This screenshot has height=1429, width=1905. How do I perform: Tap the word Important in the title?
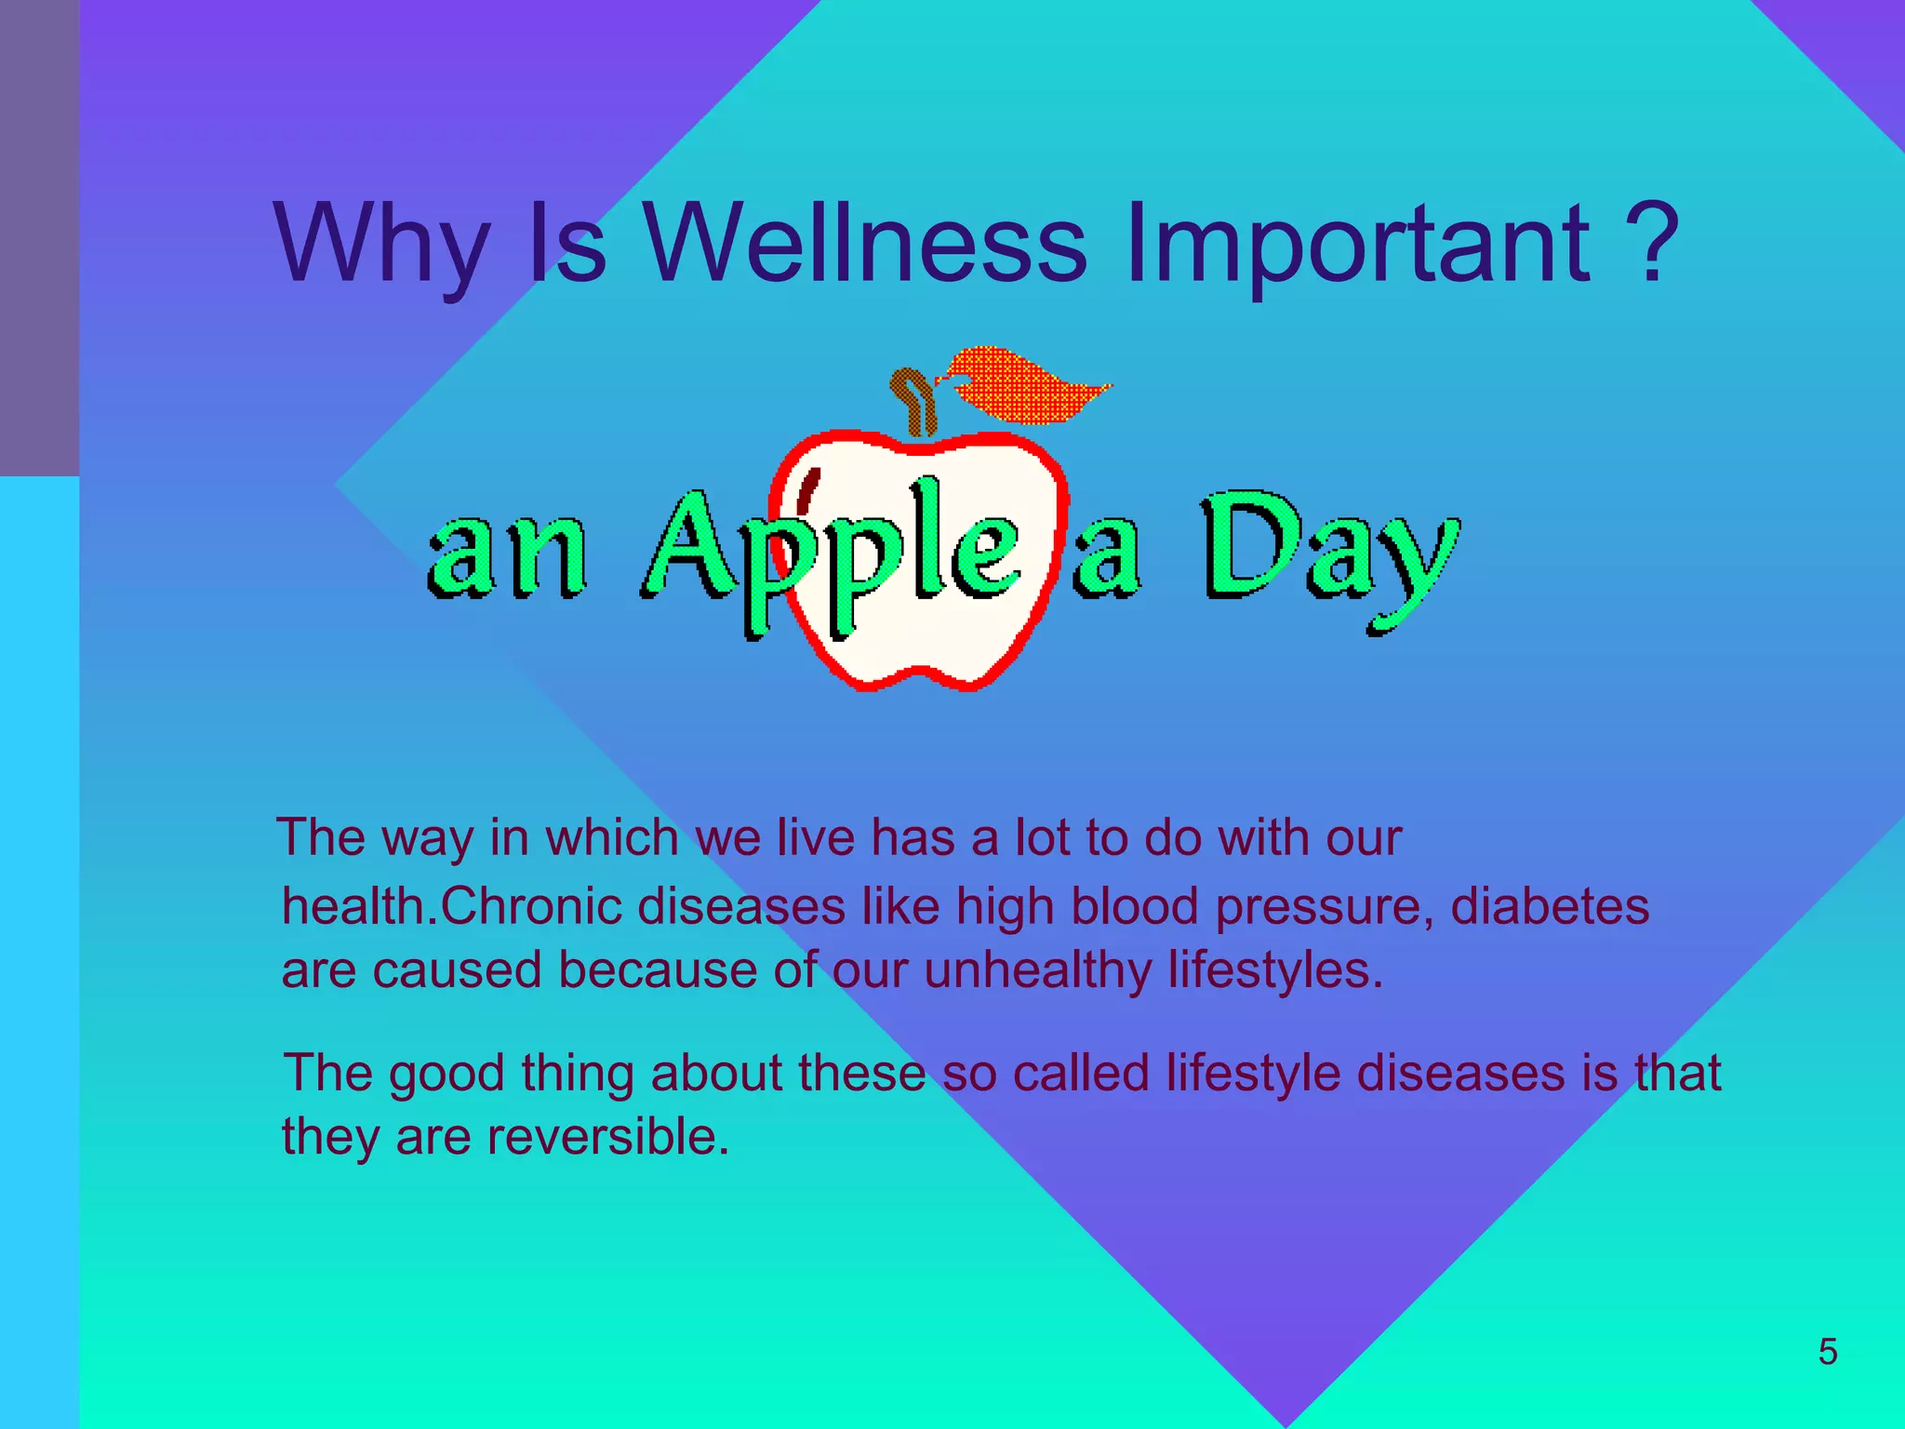[x=1357, y=244]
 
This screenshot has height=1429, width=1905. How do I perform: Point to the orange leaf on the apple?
[x=1023, y=383]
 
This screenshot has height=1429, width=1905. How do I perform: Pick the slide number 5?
[x=1828, y=1352]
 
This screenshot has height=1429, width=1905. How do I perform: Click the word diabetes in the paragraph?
[x=1550, y=906]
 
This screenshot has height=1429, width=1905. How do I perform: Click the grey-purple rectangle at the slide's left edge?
[x=39, y=237]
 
